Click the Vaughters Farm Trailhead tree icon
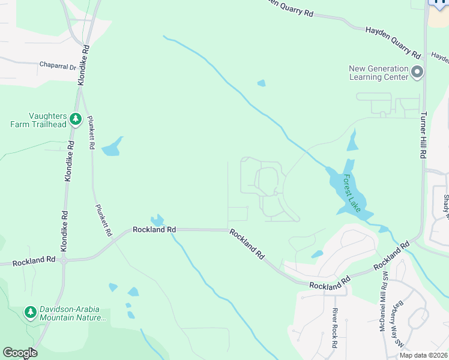(x=75, y=119)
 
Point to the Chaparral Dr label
(x=58, y=65)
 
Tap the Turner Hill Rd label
(x=423, y=135)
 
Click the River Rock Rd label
(x=336, y=328)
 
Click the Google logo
(x=20, y=353)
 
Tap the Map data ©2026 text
(x=423, y=355)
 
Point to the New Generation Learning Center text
(x=379, y=72)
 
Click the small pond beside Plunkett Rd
(x=112, y=147)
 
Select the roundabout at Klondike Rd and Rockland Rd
(x=64, y=260)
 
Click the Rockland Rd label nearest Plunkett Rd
(x=154, y=229)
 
